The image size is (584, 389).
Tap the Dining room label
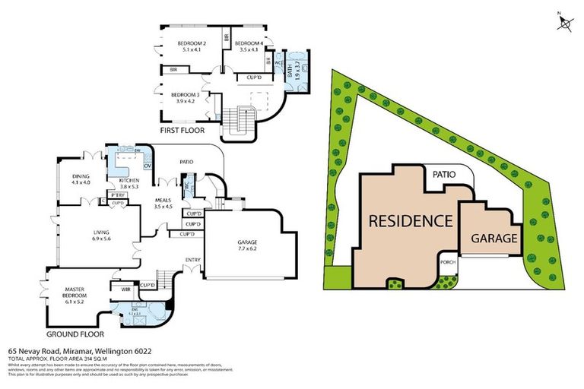click(x=81, y=179)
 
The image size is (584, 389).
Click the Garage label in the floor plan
click(x=247, y=245)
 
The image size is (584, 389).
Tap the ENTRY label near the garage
click(x=193, y=261)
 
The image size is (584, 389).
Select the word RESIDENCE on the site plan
click(x=411, y=222)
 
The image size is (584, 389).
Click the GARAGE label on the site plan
click(x=494, y=238)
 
